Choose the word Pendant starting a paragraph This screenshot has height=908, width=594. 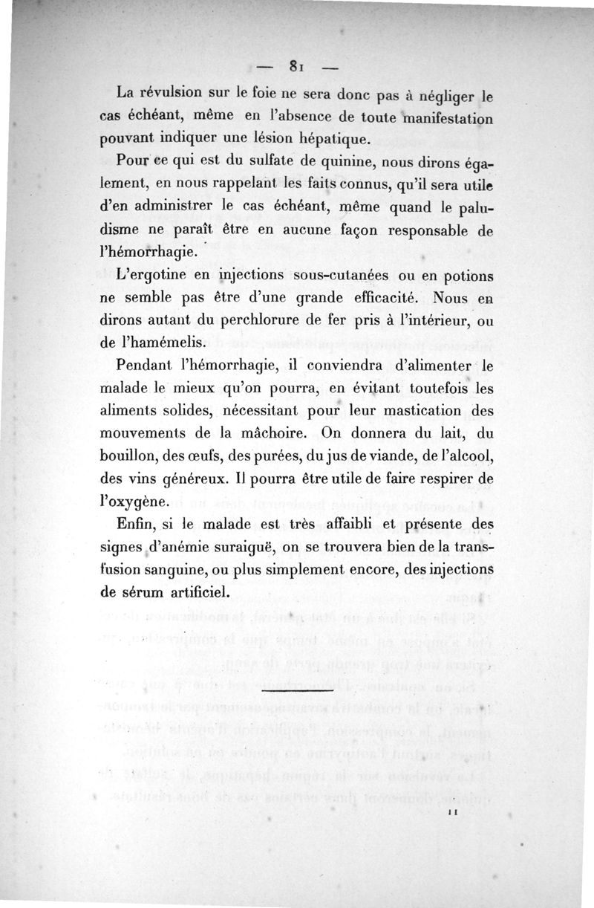coord(147,367)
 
